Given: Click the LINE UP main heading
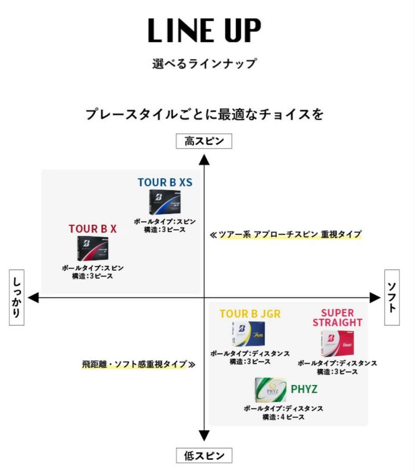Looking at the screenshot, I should tap(204, 31).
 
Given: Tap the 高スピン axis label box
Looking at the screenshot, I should tap(204, 141).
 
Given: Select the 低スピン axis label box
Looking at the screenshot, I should tap(204, 455).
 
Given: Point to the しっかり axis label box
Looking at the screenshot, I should tap(16, 297).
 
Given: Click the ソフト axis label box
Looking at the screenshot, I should tap(392, 297).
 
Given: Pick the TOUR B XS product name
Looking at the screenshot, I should tap(165, 182).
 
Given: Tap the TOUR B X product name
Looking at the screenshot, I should tap(93, 229).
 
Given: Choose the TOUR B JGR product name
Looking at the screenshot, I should tap(250, 314).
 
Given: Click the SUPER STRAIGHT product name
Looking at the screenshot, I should tap(337, 318).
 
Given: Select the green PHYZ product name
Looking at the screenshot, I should tap(304, 389).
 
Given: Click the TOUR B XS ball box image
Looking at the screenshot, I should tap(164, 202).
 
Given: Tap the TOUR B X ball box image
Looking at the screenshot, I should tap(93, 248).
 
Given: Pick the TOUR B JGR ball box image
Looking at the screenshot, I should tap(249, 334).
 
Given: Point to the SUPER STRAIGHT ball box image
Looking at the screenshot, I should tap(337, 344).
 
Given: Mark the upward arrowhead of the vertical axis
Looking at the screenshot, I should tap(204, 159).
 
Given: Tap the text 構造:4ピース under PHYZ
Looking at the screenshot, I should tap(283, 417).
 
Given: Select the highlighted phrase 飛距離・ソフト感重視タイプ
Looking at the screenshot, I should tap(134, 364).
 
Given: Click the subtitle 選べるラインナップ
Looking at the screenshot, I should tap(204, 64).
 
